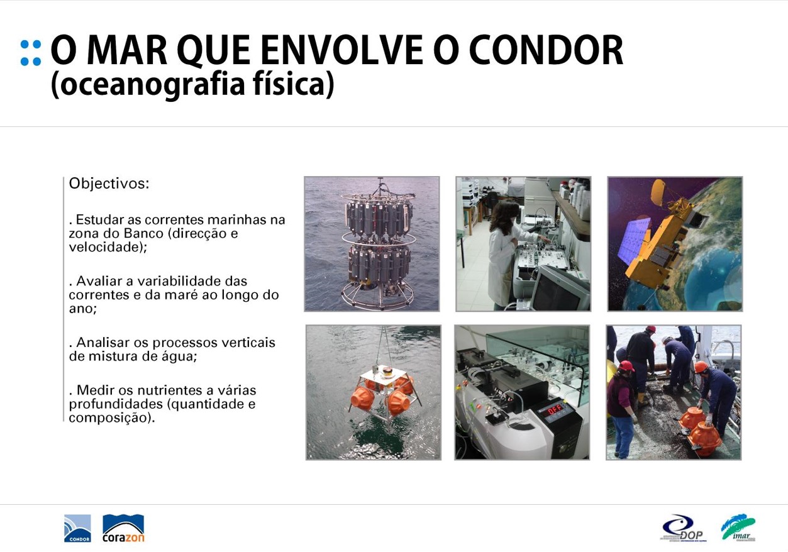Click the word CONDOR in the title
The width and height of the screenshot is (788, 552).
pyautogui.click(x=547, y=50)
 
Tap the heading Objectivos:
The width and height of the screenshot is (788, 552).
pyautogui.click(x=109, y=184)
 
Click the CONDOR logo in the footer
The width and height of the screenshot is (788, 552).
pyautogui.click(x=77, y=529)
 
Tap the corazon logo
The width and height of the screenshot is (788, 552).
pyautogui.click(x=123, y=529)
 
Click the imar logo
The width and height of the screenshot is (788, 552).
pyautogui.click(x=739, y=527)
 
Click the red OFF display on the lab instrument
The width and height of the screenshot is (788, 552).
pyautogui.click(x=555, y=409)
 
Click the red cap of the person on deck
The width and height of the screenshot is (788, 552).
pyautogui.click(x=626, y=366)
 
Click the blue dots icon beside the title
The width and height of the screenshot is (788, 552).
pyautogui.click(x=31, y=53)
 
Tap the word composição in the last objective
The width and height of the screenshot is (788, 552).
pyautogui.click(x=111, y=418)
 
